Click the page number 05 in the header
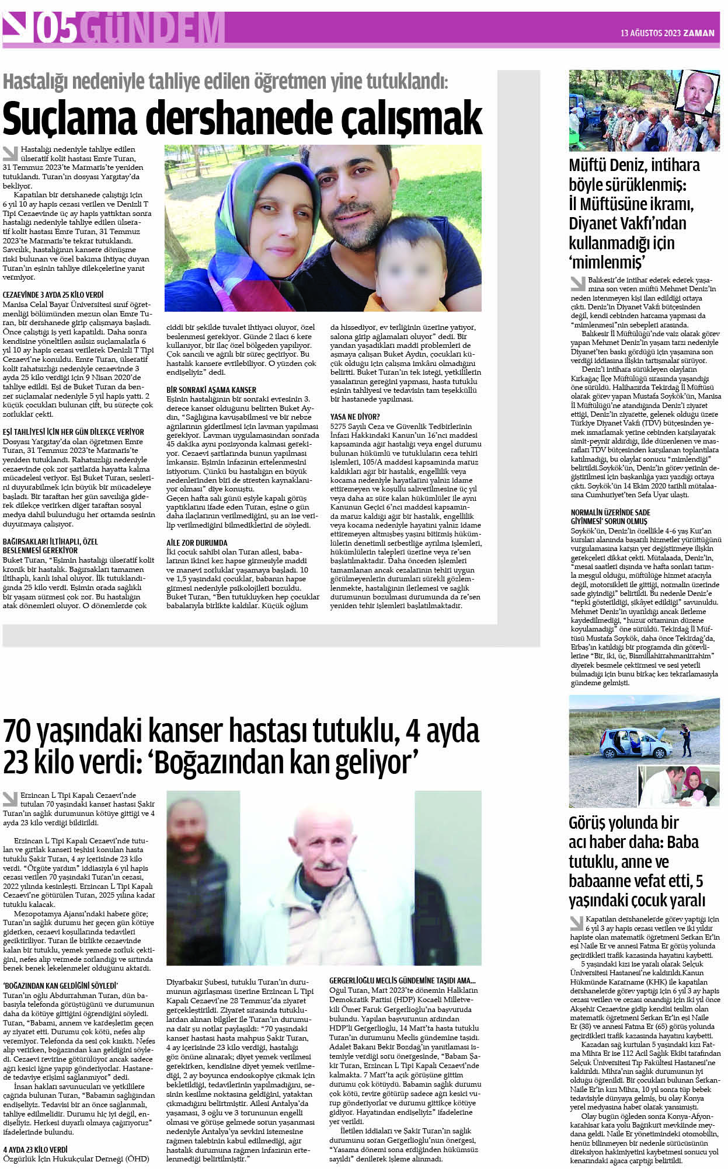tap(55, 29)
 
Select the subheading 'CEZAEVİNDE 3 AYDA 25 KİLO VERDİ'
tap(53, 295)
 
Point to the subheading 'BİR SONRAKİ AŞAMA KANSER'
tap(211, 389)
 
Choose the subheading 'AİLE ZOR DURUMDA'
tap(197, 542)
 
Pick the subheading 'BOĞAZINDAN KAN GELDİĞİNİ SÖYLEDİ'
tap(60, 985)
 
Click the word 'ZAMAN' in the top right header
tap(700, 33)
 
